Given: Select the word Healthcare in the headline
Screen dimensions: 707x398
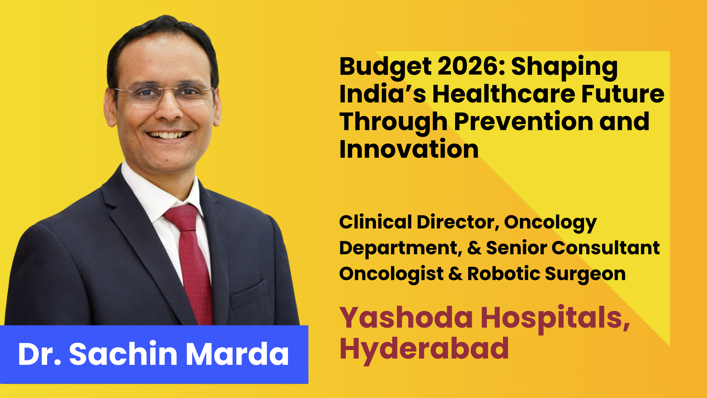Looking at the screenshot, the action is point(503,94).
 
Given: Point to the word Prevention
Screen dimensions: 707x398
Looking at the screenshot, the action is point(523,122).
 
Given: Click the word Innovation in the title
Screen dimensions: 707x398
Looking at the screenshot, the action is point(409,149).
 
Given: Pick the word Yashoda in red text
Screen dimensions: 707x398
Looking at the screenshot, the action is point(406,318).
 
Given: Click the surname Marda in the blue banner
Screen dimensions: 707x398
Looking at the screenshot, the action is point(237,354).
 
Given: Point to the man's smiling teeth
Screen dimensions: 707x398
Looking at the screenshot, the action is point(168,135).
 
